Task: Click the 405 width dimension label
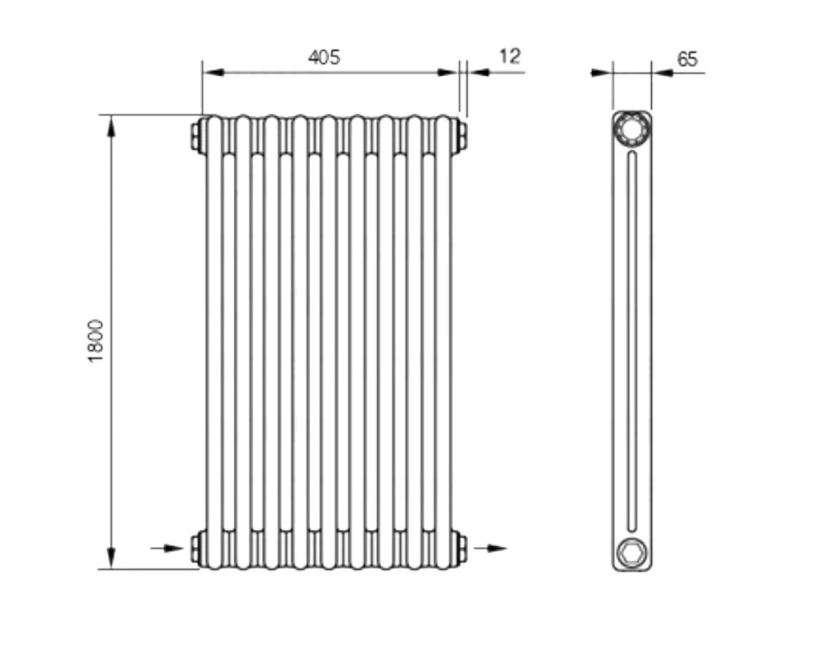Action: pos(324,57)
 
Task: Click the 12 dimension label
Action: pos(510,56)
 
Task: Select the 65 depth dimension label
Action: pos(687,59)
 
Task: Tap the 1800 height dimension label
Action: pos(96,341)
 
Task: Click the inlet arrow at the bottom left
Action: pos(167,548)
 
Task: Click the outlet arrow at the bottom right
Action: pos(490,548)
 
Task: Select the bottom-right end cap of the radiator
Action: pos(460,548)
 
